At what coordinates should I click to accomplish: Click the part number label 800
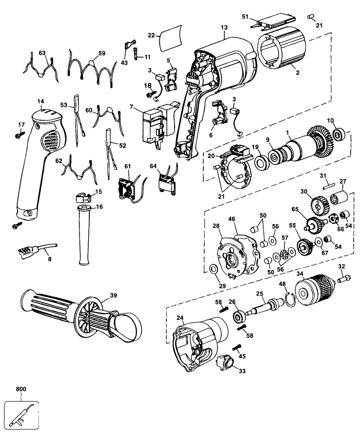coord(21,389)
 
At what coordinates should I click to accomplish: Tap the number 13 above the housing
coord(224,28)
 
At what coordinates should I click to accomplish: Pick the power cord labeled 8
coord(37,249)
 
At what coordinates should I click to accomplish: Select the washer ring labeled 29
coord(214,269)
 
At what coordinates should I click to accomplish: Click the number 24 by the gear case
coord(180,317)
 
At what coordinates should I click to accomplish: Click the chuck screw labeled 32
coord(344,278)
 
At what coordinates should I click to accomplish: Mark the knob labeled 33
coord(225,363)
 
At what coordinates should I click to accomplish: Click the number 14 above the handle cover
coord(40,101)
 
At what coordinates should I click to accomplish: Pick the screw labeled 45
coord(236,347)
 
